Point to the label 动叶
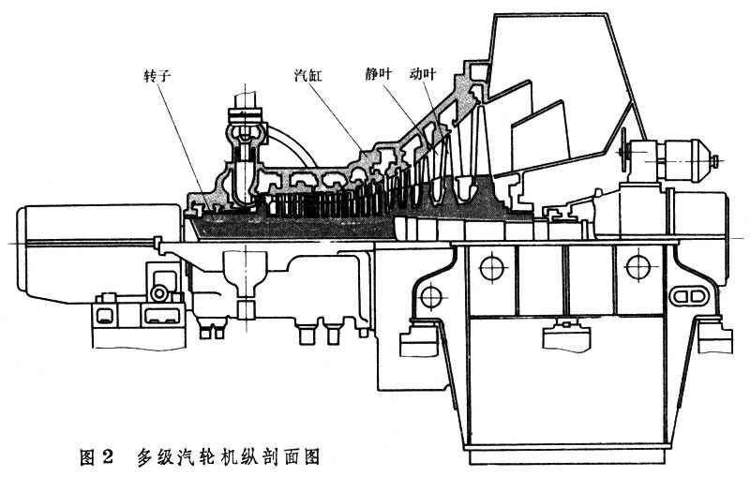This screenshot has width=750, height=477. [x=424, y=72]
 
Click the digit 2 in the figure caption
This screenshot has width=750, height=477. [x=107, y=458]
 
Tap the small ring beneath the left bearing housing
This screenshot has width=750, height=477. [x=160, y=295]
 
